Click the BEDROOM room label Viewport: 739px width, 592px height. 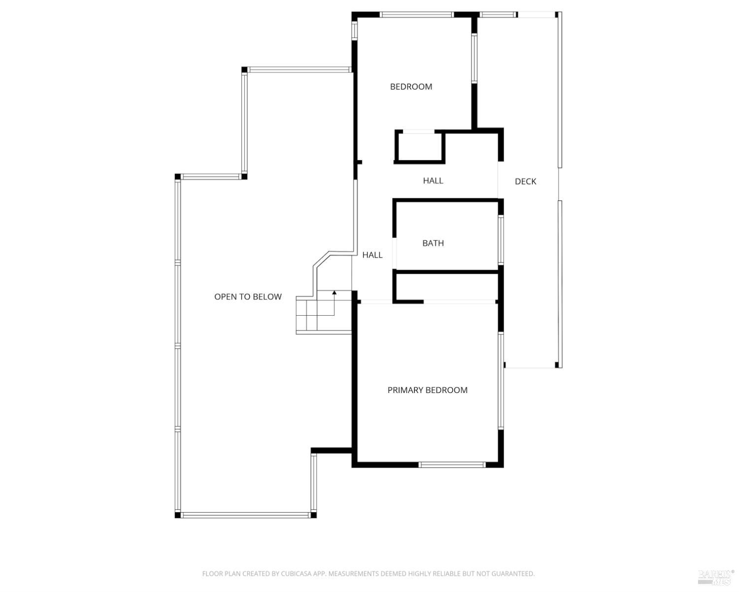coord(411,87)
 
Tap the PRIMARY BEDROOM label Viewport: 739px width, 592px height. coord(427,390)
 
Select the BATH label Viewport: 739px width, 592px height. coord(433,243)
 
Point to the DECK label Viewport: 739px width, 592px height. coord(525,181)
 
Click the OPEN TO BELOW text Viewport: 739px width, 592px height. coord(248,296)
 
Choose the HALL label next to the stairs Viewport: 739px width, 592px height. coord(372,255)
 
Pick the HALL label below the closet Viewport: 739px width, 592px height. coord(433,181)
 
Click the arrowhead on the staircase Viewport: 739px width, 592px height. coord(334,293)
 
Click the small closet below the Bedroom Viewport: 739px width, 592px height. coord(419,147)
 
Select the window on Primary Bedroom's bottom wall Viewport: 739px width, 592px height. coord(452,464)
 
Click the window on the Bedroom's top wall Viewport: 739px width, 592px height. coord(417,15)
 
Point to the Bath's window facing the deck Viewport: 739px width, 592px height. coord(501,240)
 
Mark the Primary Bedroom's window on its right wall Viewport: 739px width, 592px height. coord(501,380)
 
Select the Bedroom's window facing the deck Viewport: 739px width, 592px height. coord(474,58)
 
